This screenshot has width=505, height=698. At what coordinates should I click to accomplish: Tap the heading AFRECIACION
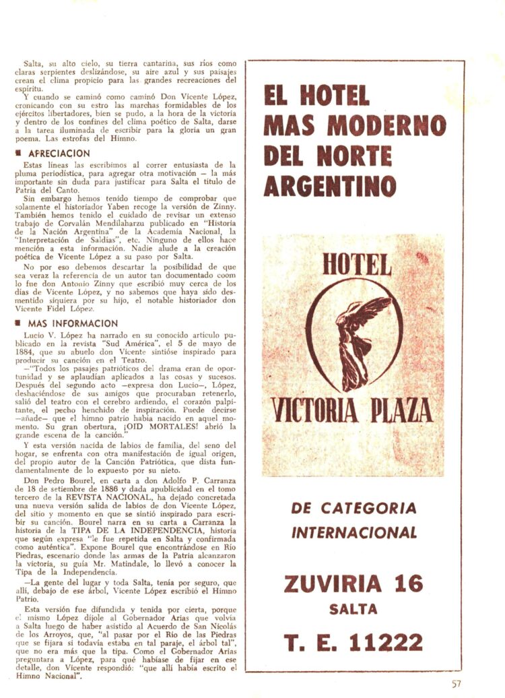(x=59, y=154)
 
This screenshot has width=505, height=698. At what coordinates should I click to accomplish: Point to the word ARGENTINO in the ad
(x=330, y=185)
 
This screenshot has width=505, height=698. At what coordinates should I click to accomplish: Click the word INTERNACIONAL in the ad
(x=354, y=533)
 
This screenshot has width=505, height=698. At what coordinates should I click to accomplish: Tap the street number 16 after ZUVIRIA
(x=408, y=583)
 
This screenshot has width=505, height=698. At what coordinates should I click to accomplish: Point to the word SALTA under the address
(x=353, y=610)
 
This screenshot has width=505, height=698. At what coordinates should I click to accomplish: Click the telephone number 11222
(x=386, y=642)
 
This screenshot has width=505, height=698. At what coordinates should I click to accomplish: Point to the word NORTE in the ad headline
(x=354, y=156)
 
